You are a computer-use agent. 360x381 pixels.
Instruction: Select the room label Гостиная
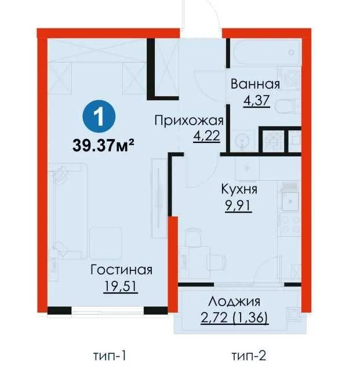[121, 270]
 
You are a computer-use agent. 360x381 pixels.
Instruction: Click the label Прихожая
[188, 120]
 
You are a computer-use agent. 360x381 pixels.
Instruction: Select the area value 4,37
[254, 100]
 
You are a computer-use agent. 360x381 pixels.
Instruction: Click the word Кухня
[239, 189]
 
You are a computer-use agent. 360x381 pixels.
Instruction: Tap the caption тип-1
[109, 354]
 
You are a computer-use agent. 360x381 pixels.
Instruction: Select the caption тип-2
[248, 354]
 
